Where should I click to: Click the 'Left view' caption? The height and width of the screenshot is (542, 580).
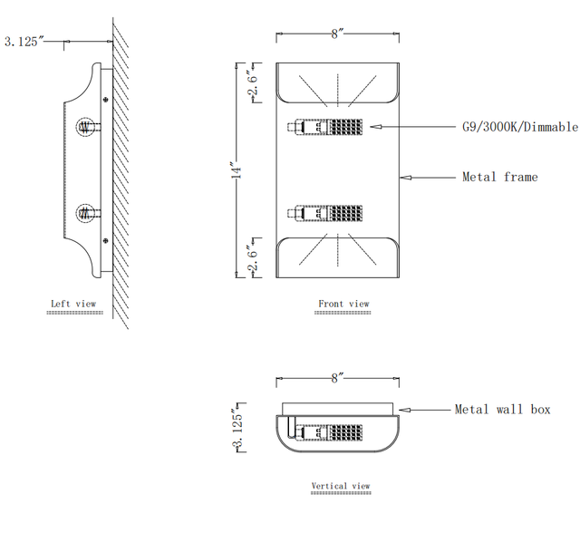coord(73,304)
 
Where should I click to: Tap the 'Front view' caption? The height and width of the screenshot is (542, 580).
coord(343,304)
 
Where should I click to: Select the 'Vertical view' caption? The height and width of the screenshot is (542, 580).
coord(341,486)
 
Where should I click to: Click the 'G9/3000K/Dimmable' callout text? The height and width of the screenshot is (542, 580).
coord(519,127)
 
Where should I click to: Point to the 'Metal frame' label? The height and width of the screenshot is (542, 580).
coord(499,177)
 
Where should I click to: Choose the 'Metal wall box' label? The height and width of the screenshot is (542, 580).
coord(502,410)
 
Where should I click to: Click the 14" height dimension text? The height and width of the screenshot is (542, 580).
coord(237,170)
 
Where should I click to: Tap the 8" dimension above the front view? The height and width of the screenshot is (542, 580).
coord(337,34)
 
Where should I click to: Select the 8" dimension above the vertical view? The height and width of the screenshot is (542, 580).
coord(337,378)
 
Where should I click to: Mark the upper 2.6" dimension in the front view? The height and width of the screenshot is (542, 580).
coord(253,84)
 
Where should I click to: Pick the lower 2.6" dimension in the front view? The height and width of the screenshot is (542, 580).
coord(253,257)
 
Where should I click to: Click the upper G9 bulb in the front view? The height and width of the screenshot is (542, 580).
coord(325,127)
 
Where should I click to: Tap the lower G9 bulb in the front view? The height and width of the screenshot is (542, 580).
coord(325,213)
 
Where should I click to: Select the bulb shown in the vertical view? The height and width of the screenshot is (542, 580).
coord(328,432)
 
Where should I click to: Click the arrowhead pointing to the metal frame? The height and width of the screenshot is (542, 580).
coord(406,178)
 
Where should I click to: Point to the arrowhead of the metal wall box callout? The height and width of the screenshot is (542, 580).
coord(405,410)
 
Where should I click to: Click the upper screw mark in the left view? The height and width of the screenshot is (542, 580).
coord(106,100)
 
